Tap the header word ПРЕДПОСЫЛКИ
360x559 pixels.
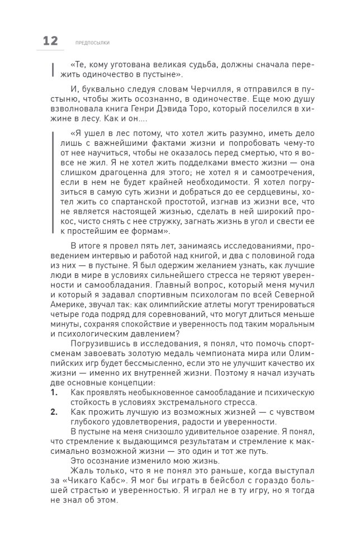pos(92,42)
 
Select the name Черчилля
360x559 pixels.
pos(199,88)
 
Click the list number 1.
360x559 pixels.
pos(54,392)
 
